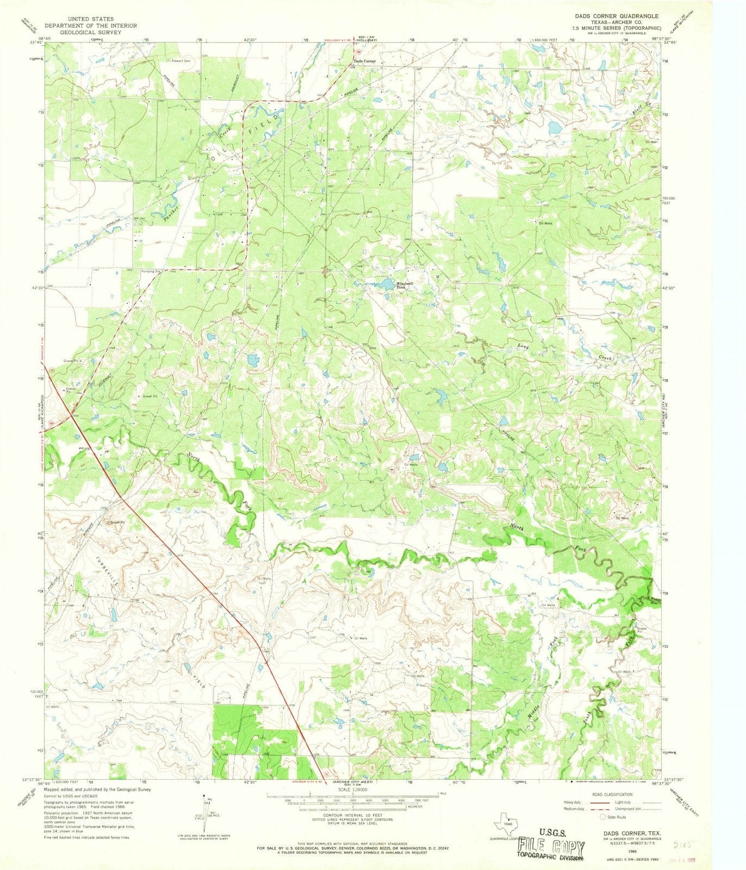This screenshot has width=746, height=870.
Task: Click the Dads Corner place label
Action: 364,61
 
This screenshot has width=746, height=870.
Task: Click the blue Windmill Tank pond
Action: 387,284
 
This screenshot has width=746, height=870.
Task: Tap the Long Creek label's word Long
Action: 523,346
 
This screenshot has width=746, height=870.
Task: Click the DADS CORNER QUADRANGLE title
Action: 617,17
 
